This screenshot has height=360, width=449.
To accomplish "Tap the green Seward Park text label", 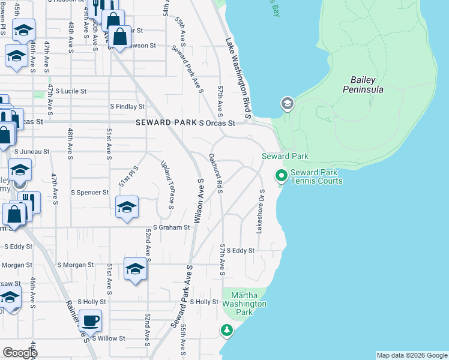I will click(285, 157).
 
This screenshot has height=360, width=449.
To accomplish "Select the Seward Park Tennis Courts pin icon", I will click(280, 176).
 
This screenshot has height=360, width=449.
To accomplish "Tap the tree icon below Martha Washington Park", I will click(226, 330).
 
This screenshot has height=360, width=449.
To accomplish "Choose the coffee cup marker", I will click(90, 320).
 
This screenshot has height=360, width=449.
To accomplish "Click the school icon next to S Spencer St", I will click(127, 207).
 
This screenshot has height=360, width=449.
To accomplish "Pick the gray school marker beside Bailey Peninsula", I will click(287, 104).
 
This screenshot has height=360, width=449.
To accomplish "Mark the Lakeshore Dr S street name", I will click(261, 211).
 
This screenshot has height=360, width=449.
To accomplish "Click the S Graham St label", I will click(171, 228).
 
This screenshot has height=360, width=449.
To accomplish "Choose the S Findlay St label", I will click(127, 107).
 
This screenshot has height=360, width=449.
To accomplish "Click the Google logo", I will click(20, 352).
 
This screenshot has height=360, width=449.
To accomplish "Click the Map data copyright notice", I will click(411, 355).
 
